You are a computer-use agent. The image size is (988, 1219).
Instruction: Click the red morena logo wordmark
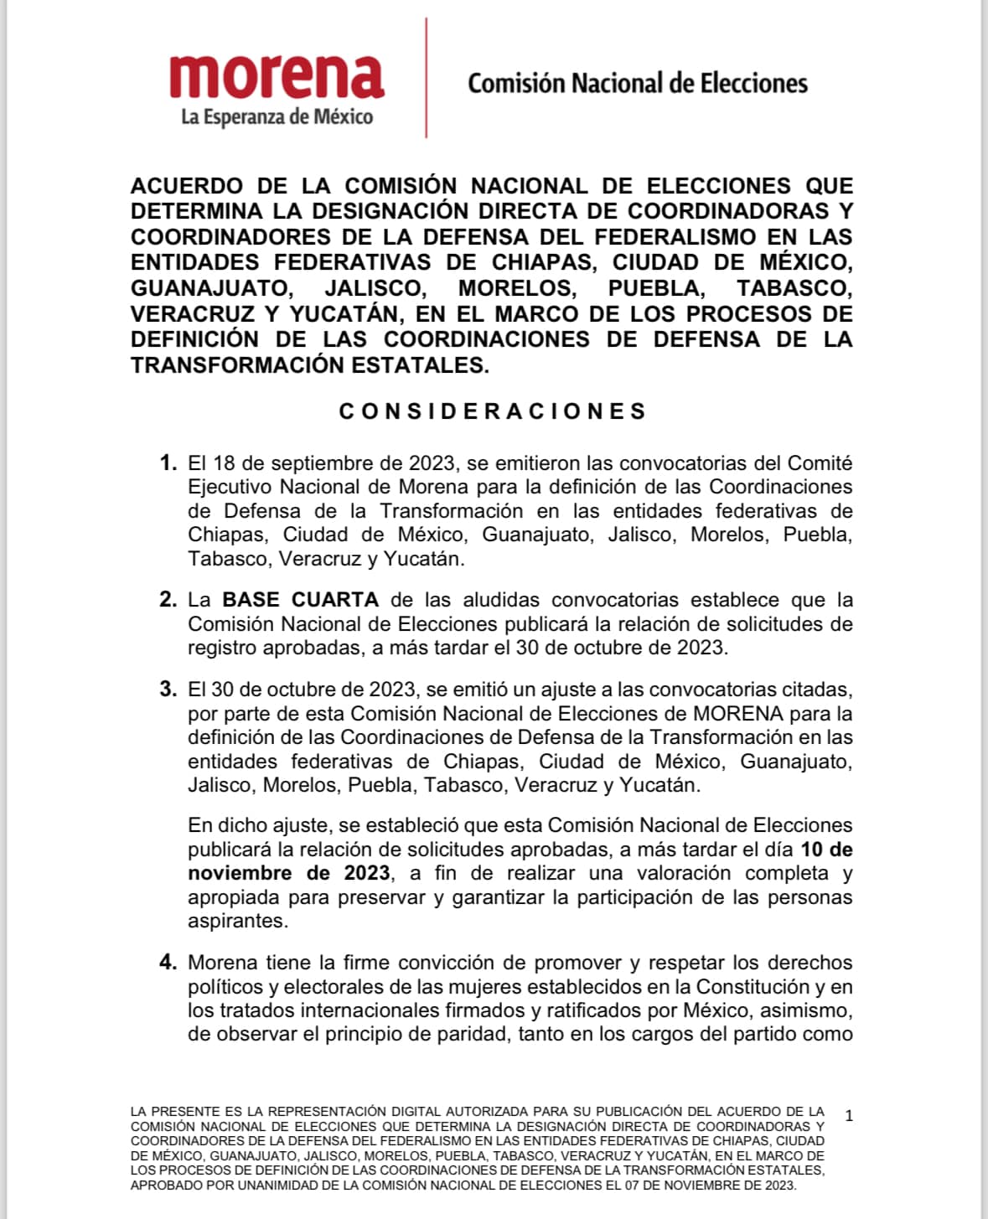tap(277, 76)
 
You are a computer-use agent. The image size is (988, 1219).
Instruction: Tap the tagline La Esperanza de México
tap(277, 116)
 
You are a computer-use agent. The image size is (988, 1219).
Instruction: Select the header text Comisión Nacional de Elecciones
tap(637, 83)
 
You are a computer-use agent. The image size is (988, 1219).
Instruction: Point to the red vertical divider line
tap(426, 77)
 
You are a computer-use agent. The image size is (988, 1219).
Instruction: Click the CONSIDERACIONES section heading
tap(493, 411)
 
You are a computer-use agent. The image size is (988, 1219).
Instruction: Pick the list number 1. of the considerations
tap(168, 463)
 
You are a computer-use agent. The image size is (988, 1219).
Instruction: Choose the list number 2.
tap(168, 600)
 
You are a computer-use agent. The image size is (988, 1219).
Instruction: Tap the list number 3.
tap(168, 690)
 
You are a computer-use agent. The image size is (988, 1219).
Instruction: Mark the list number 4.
tap(168, 963)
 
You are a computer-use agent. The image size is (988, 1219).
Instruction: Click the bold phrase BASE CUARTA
tap(300, 600)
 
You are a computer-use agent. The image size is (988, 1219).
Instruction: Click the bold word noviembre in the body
tap(241, 873)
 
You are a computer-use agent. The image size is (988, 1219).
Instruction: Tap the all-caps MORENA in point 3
tap(738, 714)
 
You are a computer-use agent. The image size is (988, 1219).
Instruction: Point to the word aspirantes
tap(237, 921)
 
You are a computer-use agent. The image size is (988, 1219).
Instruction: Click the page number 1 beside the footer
tap(850, 1115)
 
